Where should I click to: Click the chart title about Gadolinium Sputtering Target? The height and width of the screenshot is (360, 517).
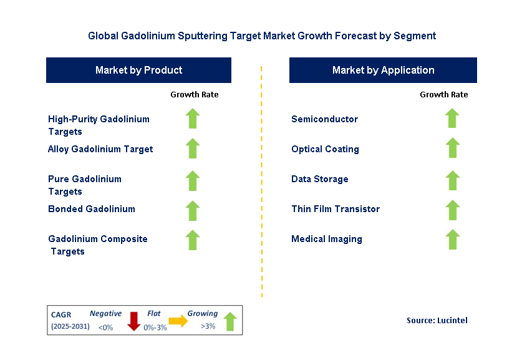click(x=262, y=36)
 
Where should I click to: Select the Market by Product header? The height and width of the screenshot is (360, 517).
click(x=138, y=70)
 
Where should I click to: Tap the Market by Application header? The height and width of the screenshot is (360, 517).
click(x=383, y=70)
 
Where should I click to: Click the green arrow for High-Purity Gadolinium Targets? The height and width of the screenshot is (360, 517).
click(x=193, y=119)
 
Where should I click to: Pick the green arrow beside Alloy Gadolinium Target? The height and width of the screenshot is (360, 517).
click(x=193, y=148)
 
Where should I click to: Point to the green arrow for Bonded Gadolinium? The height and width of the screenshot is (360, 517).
click(x=193, y=210)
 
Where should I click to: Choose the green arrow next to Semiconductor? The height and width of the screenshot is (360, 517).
click(x=452, y=119)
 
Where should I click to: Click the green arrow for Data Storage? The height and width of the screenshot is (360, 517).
click(x=452, y=180)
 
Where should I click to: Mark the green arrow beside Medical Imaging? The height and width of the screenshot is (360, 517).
click(x=452, y=239)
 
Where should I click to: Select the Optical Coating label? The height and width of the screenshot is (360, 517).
click(x=325, y=149)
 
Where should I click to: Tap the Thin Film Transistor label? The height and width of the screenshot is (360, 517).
click(x=335, y=209)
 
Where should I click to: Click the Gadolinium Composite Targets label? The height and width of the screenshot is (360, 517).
click(x=98, y=245)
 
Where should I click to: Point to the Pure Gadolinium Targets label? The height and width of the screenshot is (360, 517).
click(x=85, y=185)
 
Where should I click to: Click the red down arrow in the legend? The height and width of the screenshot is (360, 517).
click(x=133, y=321)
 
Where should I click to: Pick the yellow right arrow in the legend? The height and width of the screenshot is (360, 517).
click(x=178, y=321)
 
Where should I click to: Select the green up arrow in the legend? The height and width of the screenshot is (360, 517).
click(x=230, y=321)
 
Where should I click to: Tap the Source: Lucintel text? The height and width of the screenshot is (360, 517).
click(x=437, y=320)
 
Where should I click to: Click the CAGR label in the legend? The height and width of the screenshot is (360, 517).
click(x=61, y=314)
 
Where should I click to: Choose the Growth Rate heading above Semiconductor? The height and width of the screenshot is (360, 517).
click(x=443, y=95)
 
